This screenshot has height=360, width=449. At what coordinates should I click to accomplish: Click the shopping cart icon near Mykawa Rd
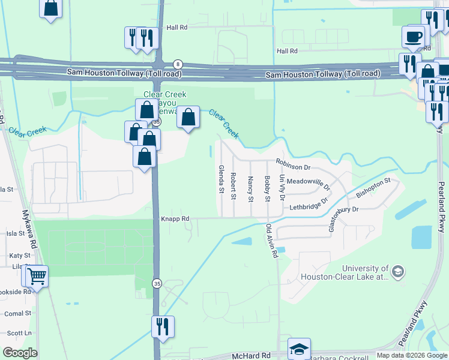coord(37,277)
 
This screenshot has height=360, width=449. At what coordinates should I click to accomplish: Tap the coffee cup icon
coord(413,37)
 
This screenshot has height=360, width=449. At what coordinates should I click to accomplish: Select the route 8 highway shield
coord(178,64)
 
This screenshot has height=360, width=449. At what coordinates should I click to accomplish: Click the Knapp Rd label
coord(175,219)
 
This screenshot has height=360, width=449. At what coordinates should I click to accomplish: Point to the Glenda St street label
coord(221,179)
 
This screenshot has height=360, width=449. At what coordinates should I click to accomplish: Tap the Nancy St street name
coord(250,188)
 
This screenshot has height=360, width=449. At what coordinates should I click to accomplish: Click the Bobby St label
coord(268,188)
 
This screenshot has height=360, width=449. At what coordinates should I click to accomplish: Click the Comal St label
coord(17,313)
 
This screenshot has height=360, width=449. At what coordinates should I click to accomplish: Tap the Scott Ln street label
coord(19,333)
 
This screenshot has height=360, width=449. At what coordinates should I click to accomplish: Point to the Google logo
coord(20,353)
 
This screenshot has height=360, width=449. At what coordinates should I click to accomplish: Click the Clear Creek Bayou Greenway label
coord(164,103)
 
